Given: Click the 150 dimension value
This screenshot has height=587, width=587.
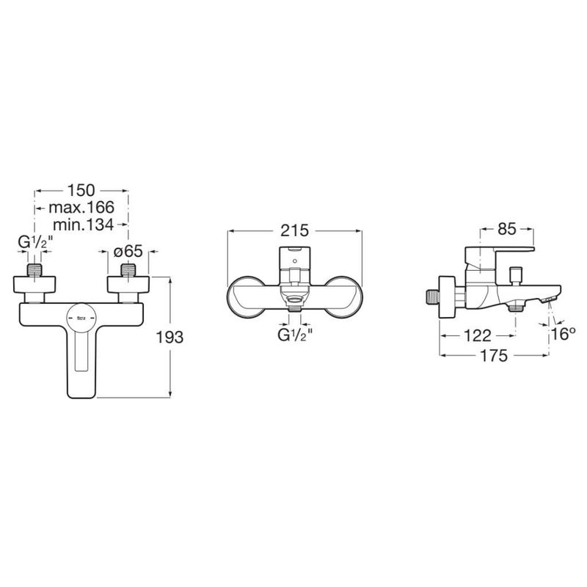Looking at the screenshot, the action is point(81,191).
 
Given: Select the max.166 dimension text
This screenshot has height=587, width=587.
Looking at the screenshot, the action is point(81,208).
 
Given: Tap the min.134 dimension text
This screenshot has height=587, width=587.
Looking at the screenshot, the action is point(83,225).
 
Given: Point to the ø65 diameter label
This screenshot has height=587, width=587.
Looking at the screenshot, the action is point(128,252).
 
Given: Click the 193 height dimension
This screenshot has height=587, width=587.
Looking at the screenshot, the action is point(169,338).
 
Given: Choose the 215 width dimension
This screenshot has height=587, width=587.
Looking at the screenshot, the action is point(295,230).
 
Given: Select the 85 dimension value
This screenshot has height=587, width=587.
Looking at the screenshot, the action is point(507,229).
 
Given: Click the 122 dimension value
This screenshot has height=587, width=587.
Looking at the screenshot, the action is point(477,336).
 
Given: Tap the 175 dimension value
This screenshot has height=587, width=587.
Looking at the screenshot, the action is point(494,356).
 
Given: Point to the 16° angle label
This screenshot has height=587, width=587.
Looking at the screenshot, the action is point(563,335).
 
